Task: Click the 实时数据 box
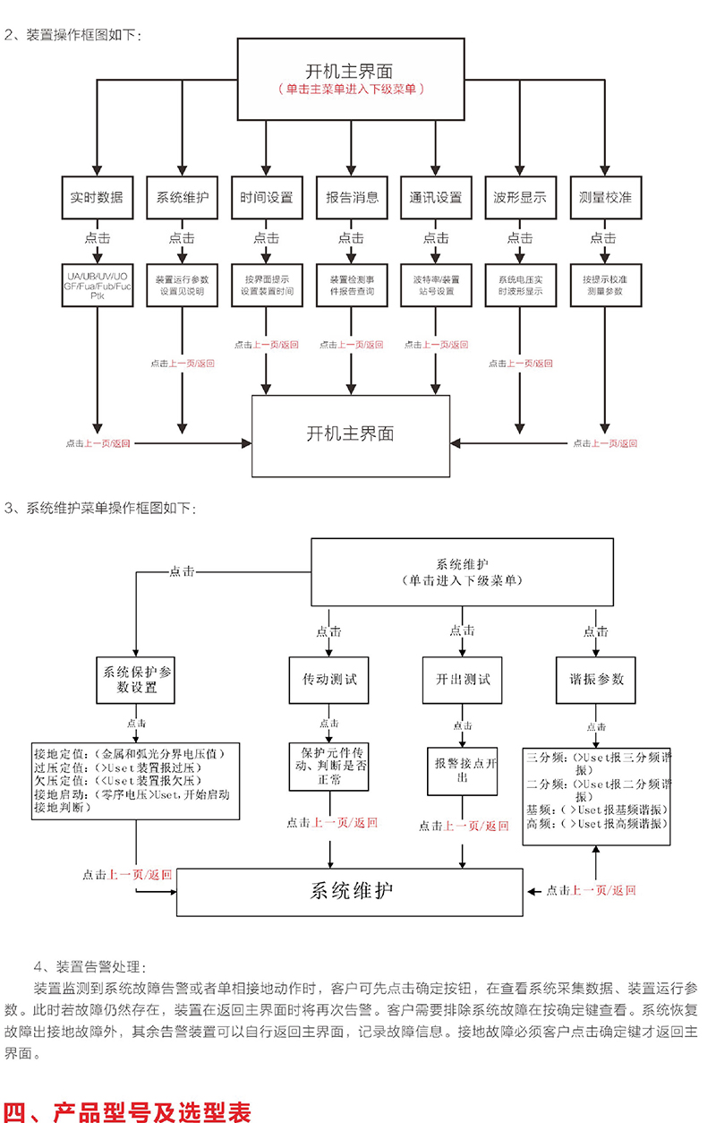97,197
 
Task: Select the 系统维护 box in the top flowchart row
182,197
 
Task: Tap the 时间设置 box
266,197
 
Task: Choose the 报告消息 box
351,197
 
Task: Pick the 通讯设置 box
435,197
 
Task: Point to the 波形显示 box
520,197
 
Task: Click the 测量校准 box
604,197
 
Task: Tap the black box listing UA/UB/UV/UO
97,285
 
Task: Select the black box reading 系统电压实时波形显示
520,285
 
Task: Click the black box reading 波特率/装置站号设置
435,285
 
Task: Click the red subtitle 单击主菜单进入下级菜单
350,90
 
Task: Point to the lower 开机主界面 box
350,435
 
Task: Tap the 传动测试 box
329,679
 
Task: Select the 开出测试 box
463,679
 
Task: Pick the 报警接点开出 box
463,770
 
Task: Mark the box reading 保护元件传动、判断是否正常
328,765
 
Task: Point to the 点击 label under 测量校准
603,238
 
